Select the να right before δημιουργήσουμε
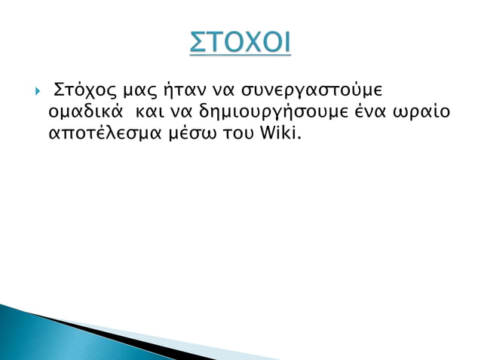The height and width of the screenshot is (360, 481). click(x=181, y=113)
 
